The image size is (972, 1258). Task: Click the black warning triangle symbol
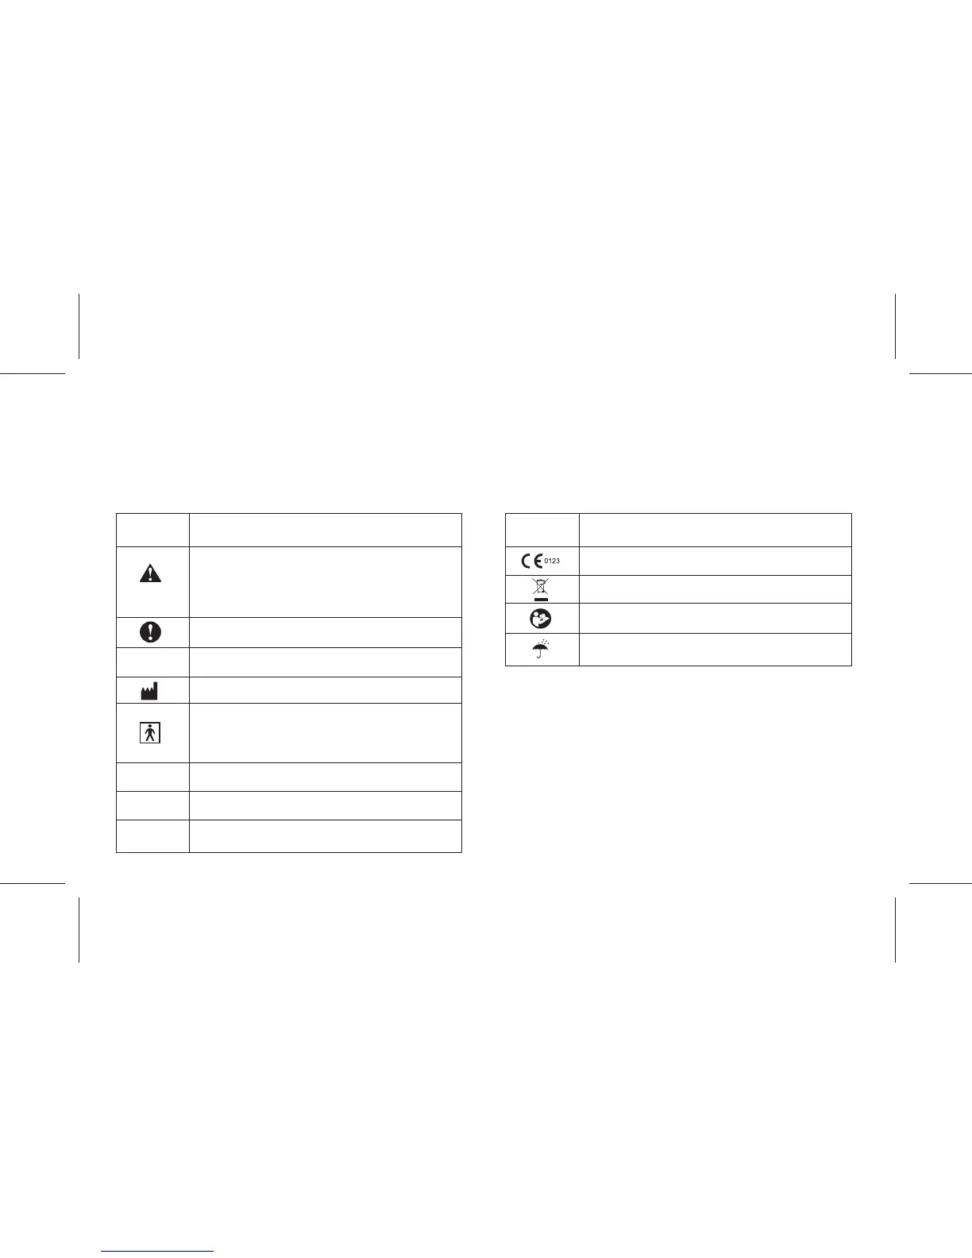150,573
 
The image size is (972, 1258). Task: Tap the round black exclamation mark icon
150,631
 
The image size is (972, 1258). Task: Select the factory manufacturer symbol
149,690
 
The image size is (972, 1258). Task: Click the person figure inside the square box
150,732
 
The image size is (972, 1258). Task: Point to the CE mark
532,561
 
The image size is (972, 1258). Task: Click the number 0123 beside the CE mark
552,561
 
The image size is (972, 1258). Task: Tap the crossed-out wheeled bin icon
541,586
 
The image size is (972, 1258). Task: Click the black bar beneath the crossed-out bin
541,597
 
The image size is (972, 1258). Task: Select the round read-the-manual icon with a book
541,619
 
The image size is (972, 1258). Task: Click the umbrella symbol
541,650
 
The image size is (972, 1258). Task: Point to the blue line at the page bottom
158,1251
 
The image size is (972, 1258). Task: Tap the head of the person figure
150,727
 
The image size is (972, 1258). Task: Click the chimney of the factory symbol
155,685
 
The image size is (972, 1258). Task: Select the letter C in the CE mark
526,561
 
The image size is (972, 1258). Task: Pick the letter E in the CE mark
538,561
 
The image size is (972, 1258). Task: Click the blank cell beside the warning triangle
325,581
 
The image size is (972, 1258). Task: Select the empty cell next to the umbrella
715,649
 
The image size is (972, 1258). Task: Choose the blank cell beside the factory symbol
325,690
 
